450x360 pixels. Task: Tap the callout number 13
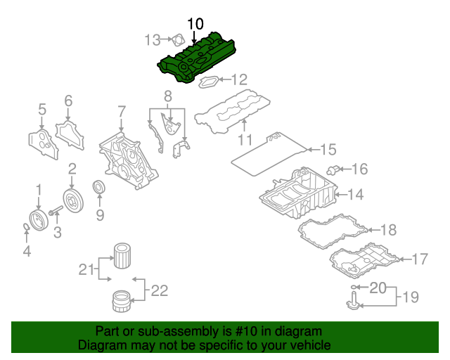click(153, 40)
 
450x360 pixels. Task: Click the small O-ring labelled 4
click(26, 226)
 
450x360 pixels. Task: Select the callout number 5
click(41, 109)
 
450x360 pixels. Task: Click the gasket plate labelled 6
click(68, 134)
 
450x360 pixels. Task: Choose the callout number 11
click(244, 140)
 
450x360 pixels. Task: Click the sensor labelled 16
click(334, 169)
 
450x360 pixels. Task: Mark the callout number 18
click(388, 229)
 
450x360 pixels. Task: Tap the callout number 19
click(409, 297)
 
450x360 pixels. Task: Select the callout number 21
click(86, 269)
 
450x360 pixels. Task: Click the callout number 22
click(160, 289)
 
